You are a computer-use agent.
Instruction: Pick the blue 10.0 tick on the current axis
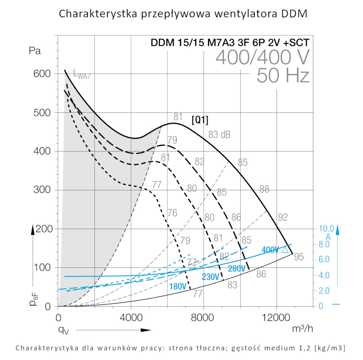click(x=326, y=229)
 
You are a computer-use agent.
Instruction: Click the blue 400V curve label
click(x=270, y=250)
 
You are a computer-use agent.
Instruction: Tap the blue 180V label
click(x=178, y=286)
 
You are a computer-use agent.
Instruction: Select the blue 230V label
click(x=211, y=277)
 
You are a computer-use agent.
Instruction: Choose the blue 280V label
click(x=237, y=269)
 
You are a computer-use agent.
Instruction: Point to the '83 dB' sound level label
click(x=219, y=135)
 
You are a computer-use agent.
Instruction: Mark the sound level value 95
click(x=299, y=257)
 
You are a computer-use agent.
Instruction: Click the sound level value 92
click(x=283, y=217)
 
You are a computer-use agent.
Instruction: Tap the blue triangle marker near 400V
click(x=285, y=250)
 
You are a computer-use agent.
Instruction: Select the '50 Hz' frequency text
click(x=283, y=76)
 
